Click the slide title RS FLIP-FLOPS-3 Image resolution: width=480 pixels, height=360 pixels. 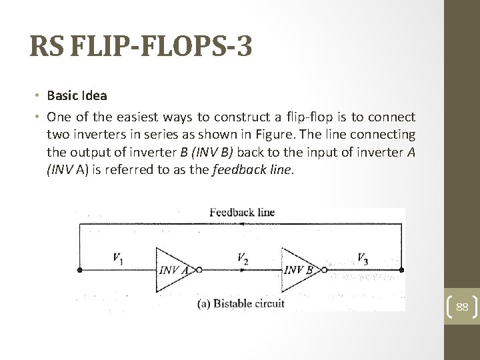141,49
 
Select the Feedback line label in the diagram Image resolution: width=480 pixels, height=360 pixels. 242,213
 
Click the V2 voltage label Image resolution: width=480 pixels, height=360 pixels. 243,257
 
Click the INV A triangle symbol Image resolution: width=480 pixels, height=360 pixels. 173,269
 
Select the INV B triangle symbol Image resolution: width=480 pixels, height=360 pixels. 299,269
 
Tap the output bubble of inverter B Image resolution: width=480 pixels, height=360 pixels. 325,270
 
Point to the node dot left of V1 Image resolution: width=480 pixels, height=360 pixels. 80,270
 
